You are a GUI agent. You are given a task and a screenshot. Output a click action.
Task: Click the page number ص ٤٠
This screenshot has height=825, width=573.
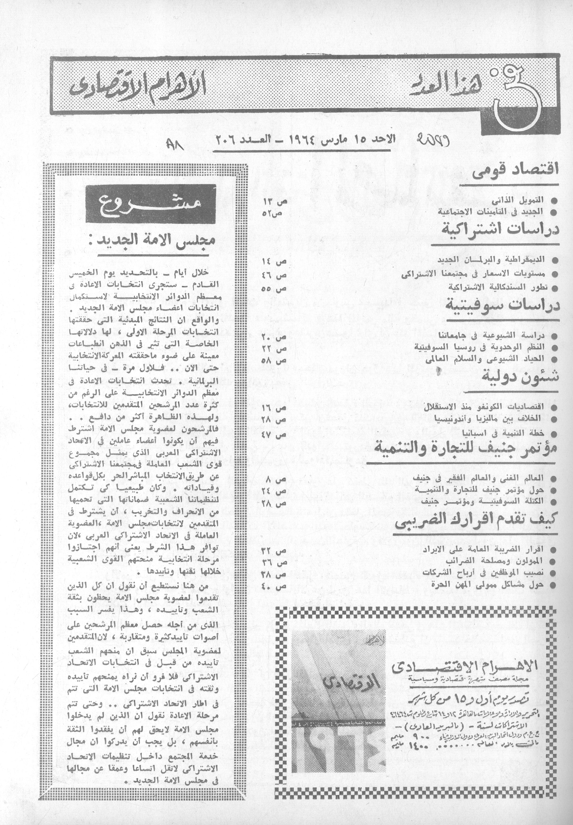click(x=275, y=587)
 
